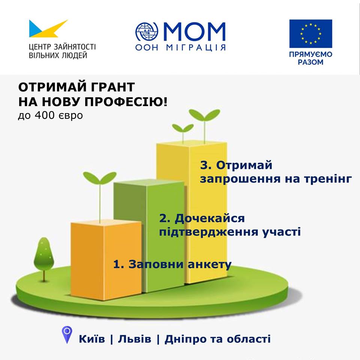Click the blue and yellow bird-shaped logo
pos(47,29)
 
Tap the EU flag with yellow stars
pos(310,33)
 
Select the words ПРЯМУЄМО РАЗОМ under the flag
pos(310,58)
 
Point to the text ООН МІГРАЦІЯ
pos(180,48)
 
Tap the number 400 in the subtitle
pos(45,115)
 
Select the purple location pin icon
pos(67,335)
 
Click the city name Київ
pos(92,339)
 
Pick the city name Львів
pos(135,339)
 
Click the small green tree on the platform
pos(44,258)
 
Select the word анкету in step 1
pos(210,264)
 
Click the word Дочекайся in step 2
pos(210,218)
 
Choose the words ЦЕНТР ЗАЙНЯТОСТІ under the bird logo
pos(62,47)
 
